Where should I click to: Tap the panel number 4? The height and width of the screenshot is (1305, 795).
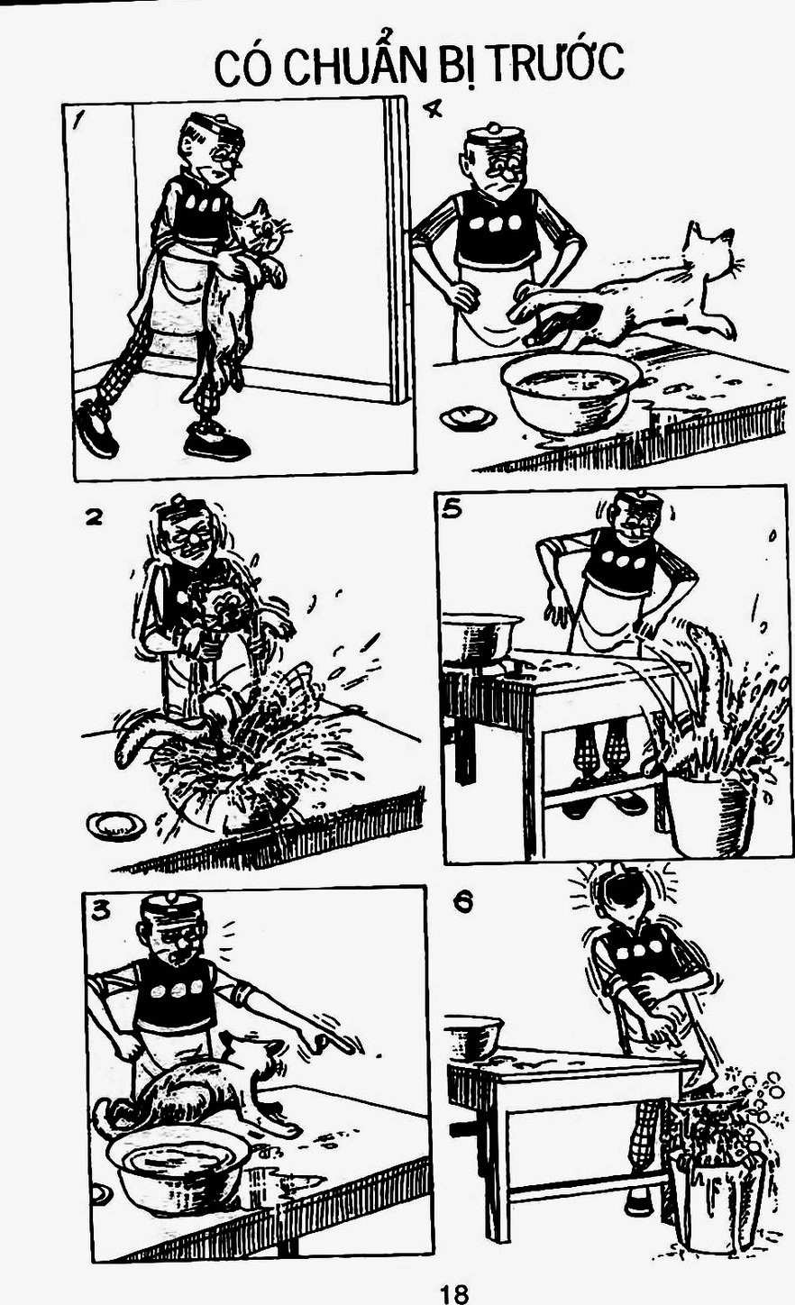pyautogui.click(x=432, y=108)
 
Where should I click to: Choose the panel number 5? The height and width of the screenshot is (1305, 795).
pyautogui.click(x=452, y=508)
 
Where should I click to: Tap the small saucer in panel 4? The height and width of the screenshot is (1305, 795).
pyautogui.click(x=468, y=417)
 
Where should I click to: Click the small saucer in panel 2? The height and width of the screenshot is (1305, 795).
pyautogui.click(x=116, y=825)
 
